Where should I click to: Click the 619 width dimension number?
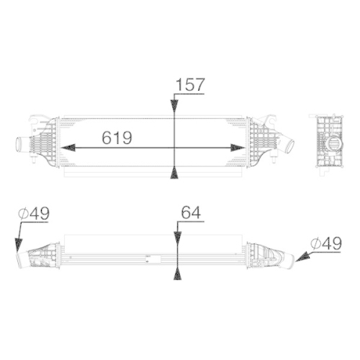117,137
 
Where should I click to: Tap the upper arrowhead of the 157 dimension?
174,106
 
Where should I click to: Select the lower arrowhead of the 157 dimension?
174,171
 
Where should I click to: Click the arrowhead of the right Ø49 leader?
298,256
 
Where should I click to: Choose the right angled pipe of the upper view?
287,144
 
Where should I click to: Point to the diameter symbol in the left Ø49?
23,213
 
